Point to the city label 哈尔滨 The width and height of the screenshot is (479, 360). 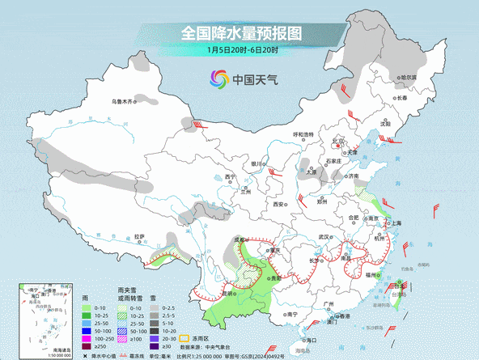click(409, 78)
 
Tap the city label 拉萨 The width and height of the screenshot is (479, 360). click(139, 237)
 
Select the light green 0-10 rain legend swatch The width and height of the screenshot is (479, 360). click(83, 307)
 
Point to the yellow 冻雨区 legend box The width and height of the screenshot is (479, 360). click(184, 337)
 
